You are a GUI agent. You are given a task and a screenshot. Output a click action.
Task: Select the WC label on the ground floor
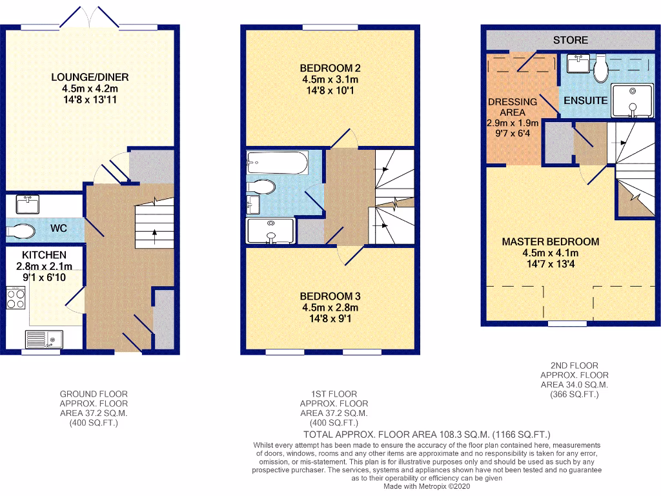(x=59, y=229)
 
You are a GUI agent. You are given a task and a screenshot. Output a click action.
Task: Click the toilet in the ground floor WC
(x=22, y=230)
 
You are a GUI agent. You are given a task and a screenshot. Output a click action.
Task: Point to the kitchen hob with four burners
(x=16, y=298)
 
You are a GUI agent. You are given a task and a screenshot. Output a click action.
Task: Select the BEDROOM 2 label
(x=330, y=68)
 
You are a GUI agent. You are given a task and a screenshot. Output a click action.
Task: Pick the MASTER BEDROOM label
(x=551, y=242)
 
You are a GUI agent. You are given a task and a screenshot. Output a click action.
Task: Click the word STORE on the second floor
(x=571, y=40)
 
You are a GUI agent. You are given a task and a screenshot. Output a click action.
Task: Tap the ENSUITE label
(x=585, y=101)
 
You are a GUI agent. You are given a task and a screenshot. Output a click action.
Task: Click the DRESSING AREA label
(x=513, y=107)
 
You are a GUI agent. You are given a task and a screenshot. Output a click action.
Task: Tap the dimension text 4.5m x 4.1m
(x=551, y=253)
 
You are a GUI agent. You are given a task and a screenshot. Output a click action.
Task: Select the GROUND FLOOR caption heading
(x=94, y=394)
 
